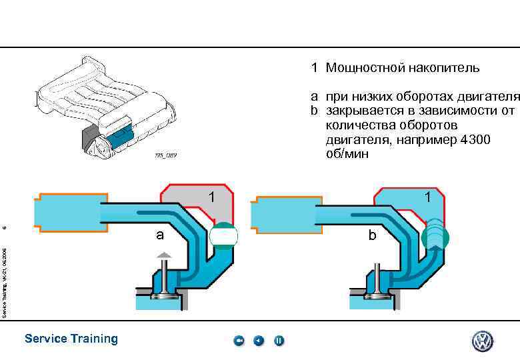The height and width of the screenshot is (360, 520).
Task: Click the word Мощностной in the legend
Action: pos(366,68)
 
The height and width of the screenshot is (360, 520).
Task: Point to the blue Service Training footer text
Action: pos(71,339)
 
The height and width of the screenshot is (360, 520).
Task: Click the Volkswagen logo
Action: pos(483,341)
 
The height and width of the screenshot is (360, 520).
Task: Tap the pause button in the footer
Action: pos(279,341)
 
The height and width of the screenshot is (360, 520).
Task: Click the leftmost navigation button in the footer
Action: pos(239,341)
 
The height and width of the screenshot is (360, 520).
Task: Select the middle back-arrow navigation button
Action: pos(259,341)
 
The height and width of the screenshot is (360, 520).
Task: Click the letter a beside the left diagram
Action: pos(159,235)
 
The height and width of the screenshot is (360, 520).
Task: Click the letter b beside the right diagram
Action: pos(373,235)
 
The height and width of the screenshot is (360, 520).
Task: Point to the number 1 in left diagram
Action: pos(211,197)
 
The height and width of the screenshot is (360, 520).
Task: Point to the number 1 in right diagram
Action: pos(427,197)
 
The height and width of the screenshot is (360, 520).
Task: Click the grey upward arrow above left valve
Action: pos(164,254)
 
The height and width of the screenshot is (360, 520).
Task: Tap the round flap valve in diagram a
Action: pos(223,236)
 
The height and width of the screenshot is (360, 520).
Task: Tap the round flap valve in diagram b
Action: pos(435,235)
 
